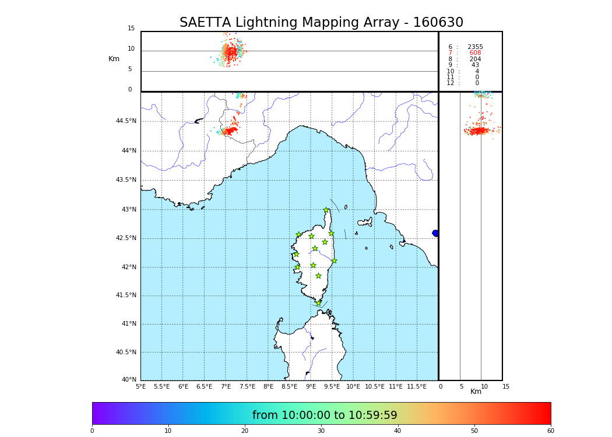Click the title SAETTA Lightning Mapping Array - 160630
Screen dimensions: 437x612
point(321,23)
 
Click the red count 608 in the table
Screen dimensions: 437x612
point(475,53)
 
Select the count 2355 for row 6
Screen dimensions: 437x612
point(475,47)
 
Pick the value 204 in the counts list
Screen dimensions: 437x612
point(475,59)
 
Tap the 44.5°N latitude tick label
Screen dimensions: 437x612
point(126,121)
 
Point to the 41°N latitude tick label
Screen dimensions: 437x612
point(128,324)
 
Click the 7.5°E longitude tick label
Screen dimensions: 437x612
point(247,387)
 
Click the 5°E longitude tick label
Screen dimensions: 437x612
point(141,387)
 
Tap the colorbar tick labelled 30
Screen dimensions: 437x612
point(321,431)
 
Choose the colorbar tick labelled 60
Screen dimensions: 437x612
point(550,431)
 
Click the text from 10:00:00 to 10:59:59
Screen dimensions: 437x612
point(325,415)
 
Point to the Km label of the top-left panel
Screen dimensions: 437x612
point(114,59)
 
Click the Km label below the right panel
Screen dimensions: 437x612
point(476,392)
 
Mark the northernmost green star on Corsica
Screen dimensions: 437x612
point(326,210)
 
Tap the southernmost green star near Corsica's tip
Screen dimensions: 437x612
point(318,303)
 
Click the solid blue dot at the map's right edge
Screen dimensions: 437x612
point(435,233)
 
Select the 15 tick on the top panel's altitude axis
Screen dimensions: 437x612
point(131,29)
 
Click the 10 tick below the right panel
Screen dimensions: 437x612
point(484,387)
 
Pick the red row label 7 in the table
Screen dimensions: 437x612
point(450,53)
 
